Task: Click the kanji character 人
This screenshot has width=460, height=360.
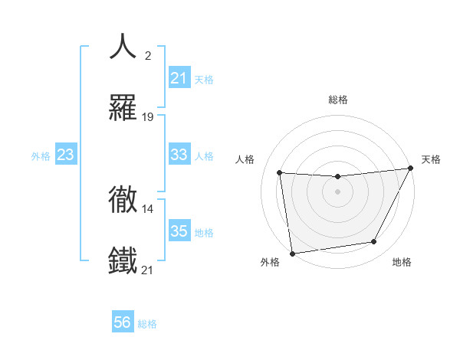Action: tap(123, 47)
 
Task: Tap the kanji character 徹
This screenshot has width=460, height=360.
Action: tap(123, 198)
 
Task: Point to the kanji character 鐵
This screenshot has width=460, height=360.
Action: tap(123, 260)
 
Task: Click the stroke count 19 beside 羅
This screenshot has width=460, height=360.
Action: tap(148, 117)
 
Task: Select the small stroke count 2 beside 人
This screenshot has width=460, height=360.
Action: tap(148, 56)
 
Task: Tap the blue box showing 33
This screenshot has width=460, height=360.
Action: tap(179, 155)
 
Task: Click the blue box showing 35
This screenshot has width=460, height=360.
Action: tap(179, 231)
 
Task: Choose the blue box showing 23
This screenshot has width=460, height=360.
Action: tap(66, 155)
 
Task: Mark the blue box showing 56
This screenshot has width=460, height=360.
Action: tap(123, 322)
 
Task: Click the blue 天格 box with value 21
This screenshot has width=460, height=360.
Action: tap(179, 78)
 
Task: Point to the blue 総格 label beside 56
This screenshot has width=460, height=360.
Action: tap(147, 324)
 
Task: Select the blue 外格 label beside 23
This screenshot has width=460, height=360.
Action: tap(41, 156)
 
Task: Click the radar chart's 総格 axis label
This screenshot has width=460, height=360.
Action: tap(338, 100)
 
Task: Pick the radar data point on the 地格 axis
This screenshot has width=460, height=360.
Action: tap(374, 242)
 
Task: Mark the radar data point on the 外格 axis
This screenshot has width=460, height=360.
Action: tap(292, 253)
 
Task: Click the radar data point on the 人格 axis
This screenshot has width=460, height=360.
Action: tap(280, 173)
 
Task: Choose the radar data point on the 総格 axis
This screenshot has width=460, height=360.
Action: tap(337, 177)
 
